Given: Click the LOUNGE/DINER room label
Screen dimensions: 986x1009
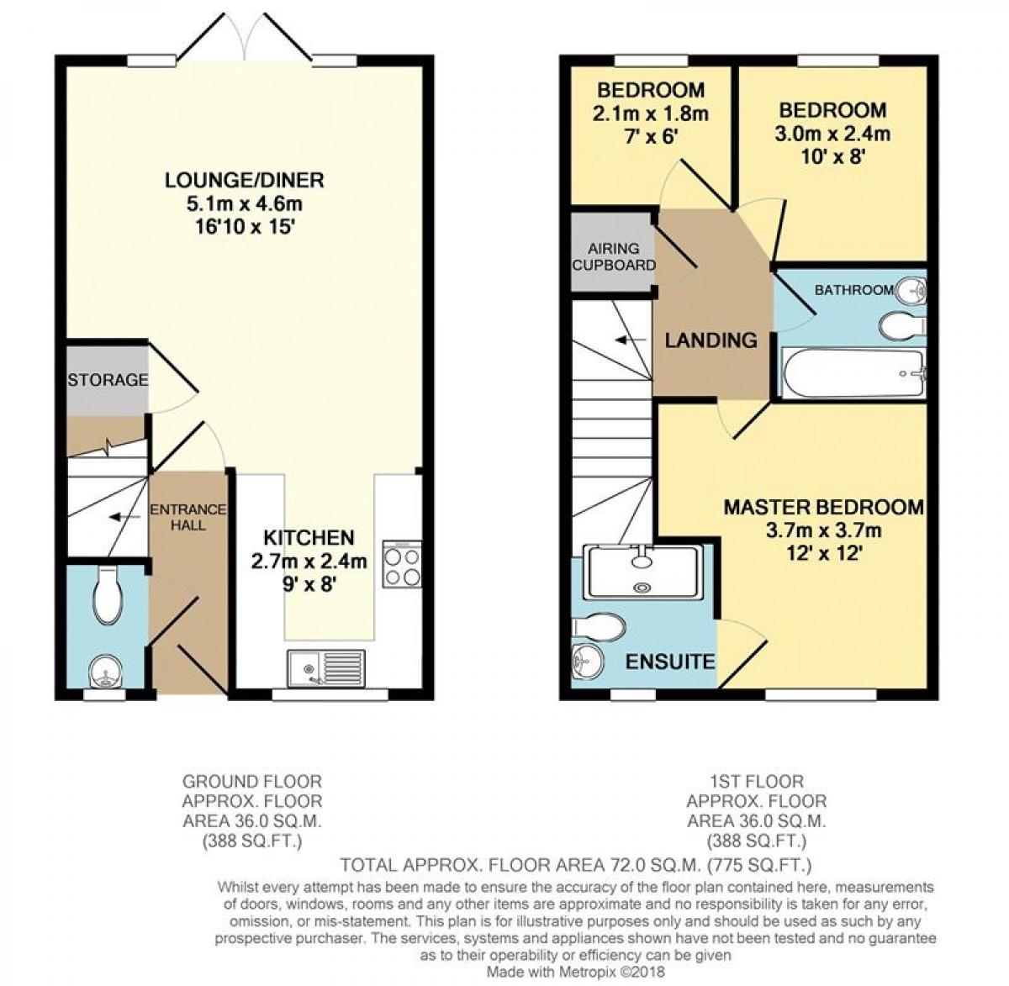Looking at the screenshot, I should point(244,180).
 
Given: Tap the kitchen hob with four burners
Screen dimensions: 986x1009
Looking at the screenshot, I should point(402,564).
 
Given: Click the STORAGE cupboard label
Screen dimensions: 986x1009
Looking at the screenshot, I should point(108,380).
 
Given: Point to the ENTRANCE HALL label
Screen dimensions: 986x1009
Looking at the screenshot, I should point(177,517).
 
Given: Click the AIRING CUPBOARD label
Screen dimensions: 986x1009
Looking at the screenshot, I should point(614,256).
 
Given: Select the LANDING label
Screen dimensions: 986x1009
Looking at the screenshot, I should point(711,340).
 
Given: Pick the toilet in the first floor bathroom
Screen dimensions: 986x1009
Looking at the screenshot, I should point(901,324).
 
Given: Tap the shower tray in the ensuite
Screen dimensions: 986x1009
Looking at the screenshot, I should point(643,572).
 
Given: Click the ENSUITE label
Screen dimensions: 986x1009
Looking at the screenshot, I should point(670,662).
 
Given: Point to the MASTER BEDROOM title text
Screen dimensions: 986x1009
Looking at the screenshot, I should point(824,508).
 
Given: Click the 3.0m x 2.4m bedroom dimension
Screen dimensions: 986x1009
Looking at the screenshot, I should point(832,133).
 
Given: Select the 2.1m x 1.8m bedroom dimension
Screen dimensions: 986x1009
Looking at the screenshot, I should point(651,112).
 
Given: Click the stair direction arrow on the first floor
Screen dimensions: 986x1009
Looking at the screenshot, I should point(624,340).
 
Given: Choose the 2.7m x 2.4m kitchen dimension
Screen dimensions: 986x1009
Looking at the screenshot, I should point(309,561).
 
